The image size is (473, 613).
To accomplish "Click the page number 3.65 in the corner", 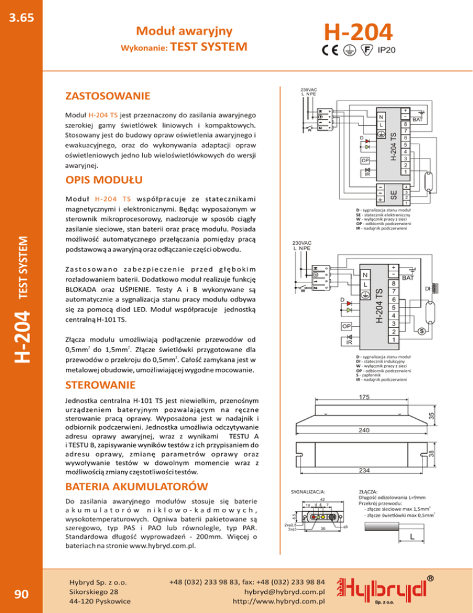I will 20,17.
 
